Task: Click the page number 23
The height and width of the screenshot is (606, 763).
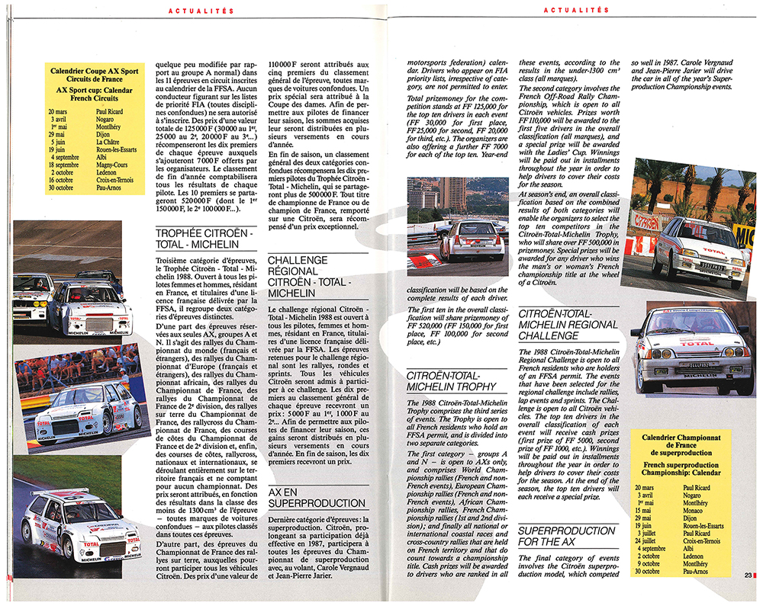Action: [x=747, y=576]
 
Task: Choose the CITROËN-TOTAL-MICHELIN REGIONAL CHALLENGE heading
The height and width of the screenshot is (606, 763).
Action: [x=568, y=324]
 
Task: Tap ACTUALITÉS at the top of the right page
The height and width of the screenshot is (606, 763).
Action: [x=578, y=10]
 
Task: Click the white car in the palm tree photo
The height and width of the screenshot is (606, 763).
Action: [x=700, y=247]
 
